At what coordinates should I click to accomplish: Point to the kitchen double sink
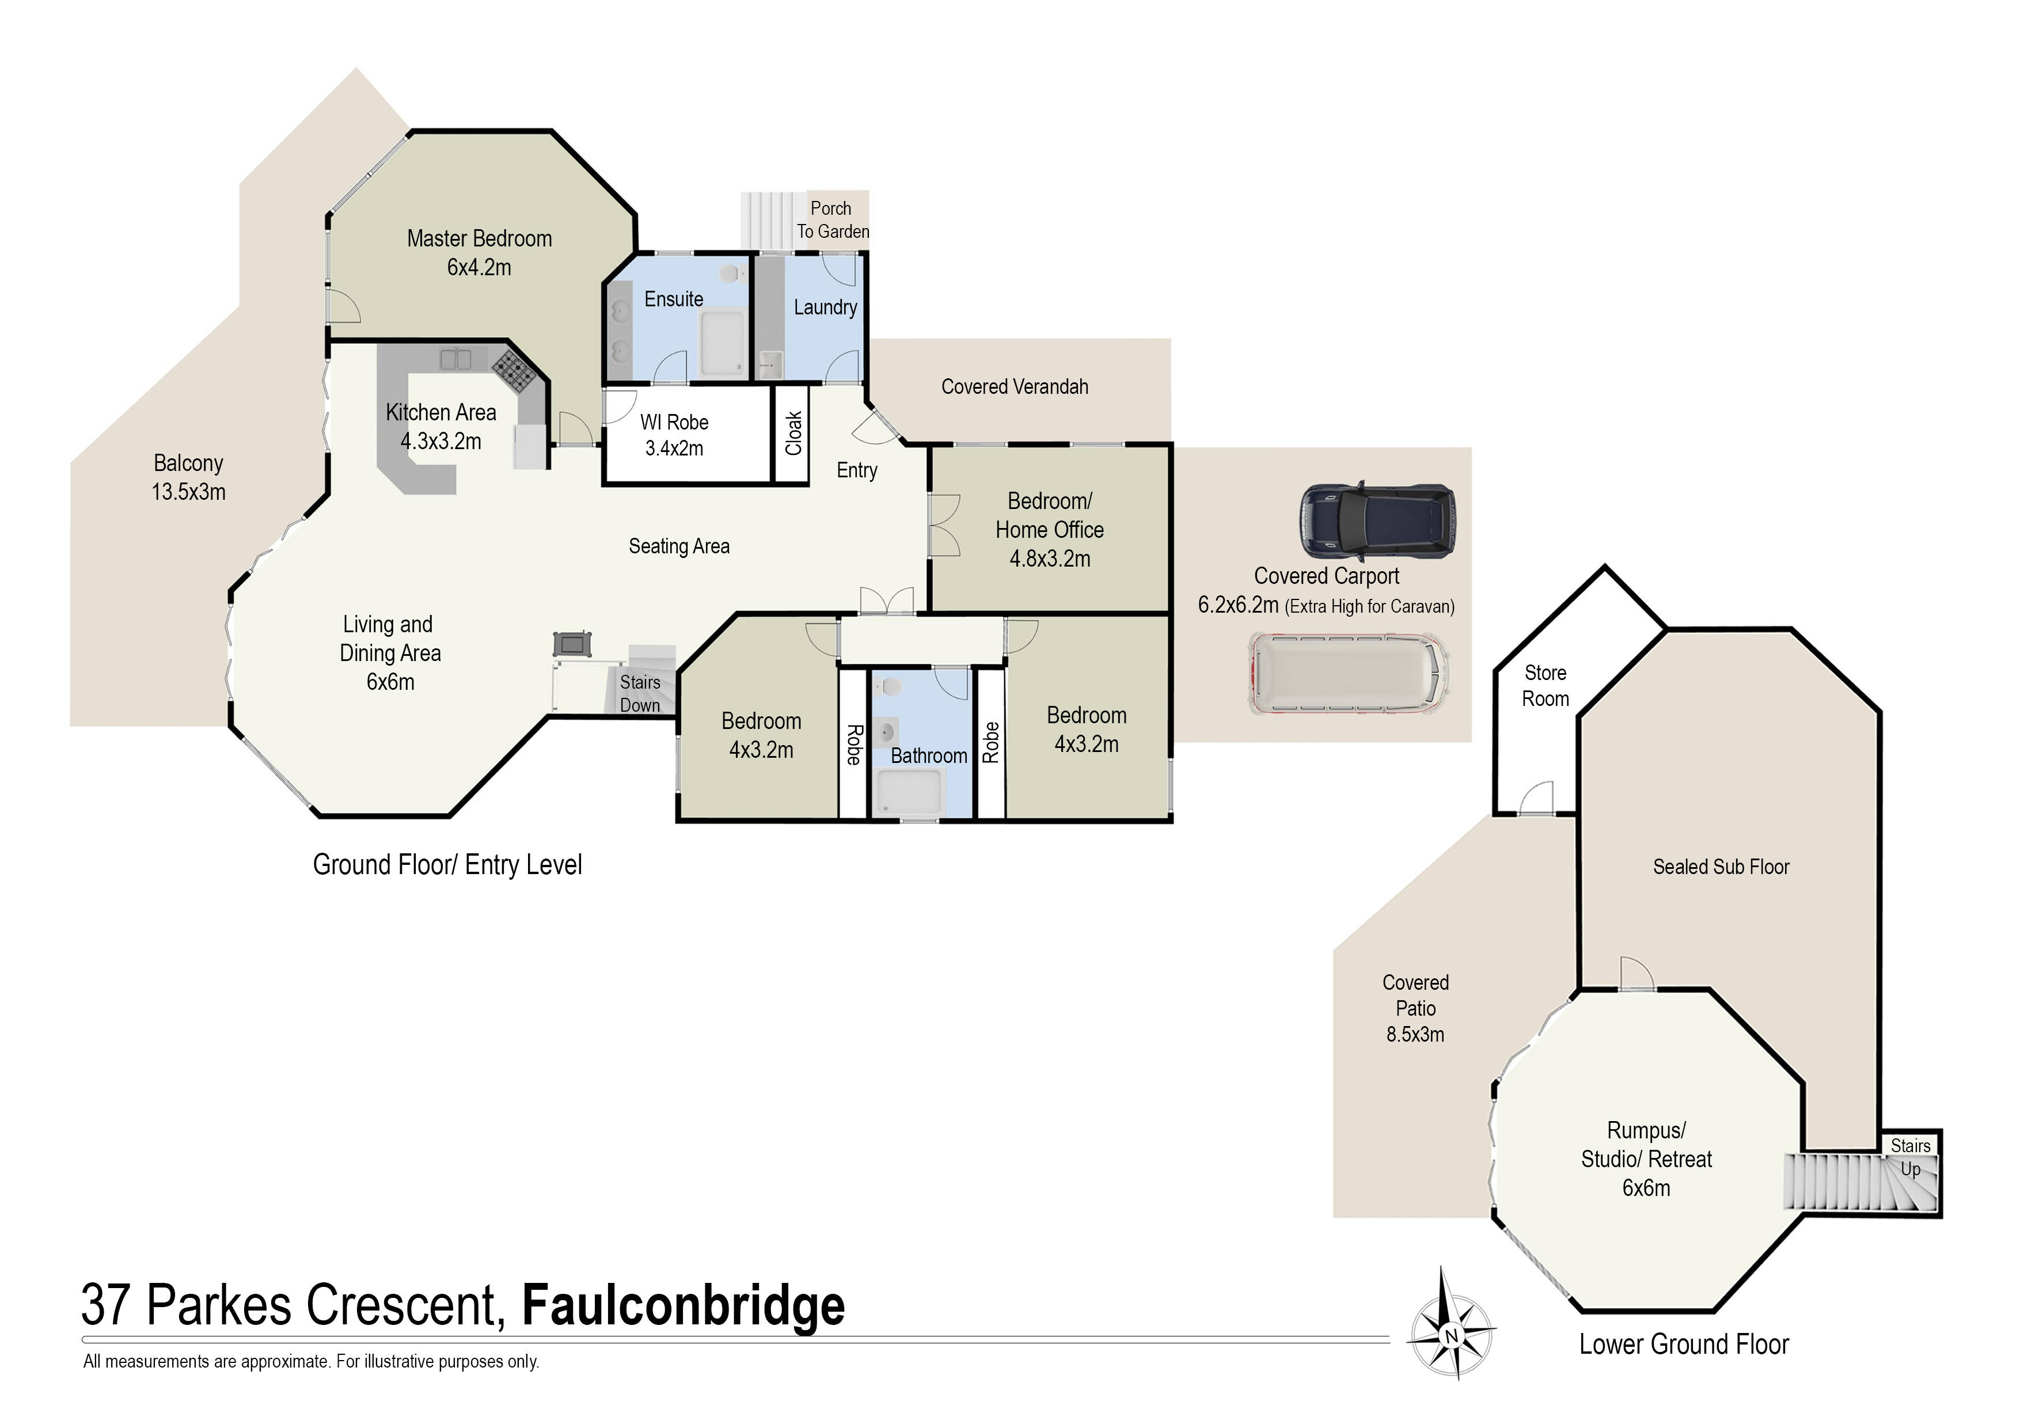(x=455, y=359)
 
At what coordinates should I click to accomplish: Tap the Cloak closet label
(x=793, y=434)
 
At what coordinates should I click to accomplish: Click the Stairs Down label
(x=640, y=693)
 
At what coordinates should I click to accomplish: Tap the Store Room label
(x=1545, y=685)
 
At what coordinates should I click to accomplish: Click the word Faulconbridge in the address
(x=683, y=1306)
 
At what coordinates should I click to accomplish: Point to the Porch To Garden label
(x=831, y=220)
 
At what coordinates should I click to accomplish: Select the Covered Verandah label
(x=1015, y=387)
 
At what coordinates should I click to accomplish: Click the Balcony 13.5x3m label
(x=188, y=477)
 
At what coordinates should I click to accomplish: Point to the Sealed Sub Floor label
(x=1721, y=867)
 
